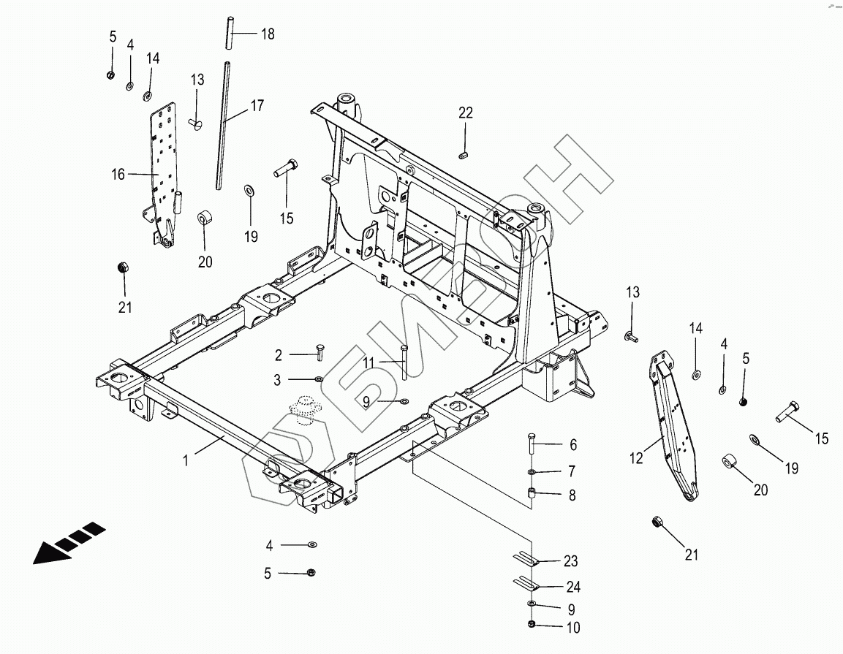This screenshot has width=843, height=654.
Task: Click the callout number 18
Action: (268, 34)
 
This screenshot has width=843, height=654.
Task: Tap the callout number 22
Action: (466, 113)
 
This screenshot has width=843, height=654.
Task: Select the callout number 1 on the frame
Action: (186, 461)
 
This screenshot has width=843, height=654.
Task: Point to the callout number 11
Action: (368, 362)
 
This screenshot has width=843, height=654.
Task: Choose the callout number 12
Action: (636, 458)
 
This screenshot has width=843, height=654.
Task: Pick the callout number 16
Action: (119, 174)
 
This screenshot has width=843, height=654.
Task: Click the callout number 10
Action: (572, 627)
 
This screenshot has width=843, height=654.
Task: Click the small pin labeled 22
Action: (463, 154)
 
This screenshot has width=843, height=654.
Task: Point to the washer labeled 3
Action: (320, 380)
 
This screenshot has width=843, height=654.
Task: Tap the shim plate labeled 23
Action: (525, 560)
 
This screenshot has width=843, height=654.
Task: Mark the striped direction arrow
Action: (69, 542)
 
